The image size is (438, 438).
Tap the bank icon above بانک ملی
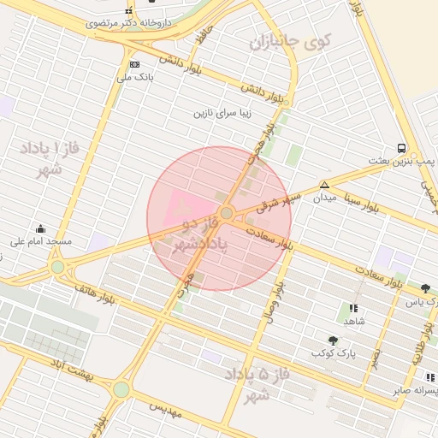pos(134,64)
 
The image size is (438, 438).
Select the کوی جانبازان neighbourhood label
pos(290,40)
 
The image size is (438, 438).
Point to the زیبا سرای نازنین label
pos(225,113)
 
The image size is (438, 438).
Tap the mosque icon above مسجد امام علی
pos(40,228)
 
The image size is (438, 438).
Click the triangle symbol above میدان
pos(323,185)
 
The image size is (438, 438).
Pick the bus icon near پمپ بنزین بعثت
pos(402,147)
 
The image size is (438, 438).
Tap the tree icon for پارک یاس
pos(426,288)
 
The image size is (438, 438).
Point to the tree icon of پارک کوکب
pos(333,340)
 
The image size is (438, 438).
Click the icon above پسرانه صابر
pos(430,377)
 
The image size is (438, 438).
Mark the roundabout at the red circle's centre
pos(227,213)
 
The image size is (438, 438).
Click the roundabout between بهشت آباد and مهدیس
pos(121,389)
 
